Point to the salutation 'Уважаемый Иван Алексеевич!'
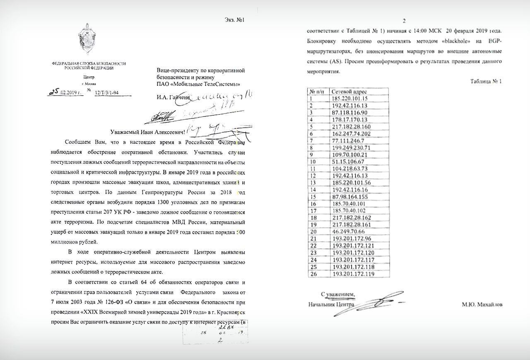click(148, 132)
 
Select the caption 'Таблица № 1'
click(486, 81)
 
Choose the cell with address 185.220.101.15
click(350, 98)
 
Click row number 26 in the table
click(313, 274)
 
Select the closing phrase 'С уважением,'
click(338, 294)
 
